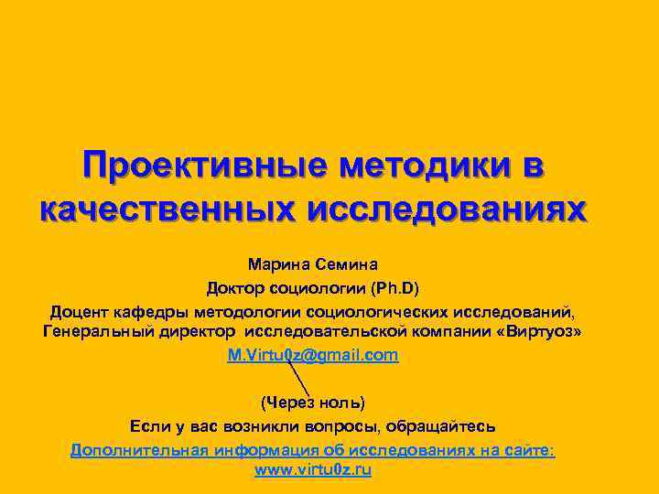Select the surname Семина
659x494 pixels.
click(x=346, y=266)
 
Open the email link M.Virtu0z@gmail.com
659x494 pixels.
click(x=313, y=355)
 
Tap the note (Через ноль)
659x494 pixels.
click(x=313, y=403)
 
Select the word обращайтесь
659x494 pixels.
click(x=442, y=426)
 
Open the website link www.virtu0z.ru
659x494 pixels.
click(x=312, y=470)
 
